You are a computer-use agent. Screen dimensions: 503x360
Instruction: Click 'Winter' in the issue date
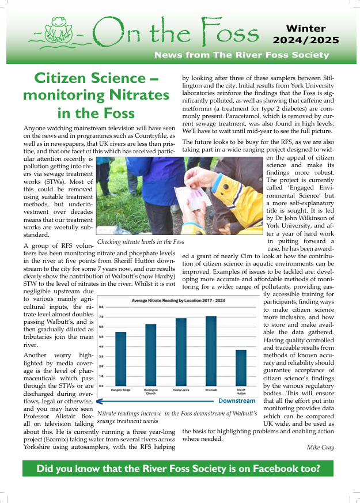(306, 28)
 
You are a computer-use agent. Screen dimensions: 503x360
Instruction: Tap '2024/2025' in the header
(306, 40)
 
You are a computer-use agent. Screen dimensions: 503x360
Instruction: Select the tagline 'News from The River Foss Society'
(241, 55)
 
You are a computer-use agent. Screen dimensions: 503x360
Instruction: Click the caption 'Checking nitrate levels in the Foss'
(141, 242)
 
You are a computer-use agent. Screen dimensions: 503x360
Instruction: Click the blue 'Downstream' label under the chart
(237, 400)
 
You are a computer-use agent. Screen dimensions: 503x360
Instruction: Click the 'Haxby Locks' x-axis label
(181, 392)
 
